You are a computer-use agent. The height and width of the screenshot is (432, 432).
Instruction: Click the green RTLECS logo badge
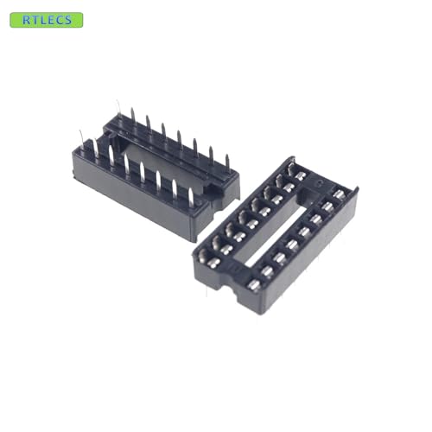coord(46,20)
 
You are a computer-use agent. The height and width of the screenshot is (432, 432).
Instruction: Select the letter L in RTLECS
coord(41,20)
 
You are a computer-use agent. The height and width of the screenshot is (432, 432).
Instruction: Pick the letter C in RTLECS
coord(60,20)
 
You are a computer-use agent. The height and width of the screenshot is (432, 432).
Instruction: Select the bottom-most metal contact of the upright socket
coord(254,284)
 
